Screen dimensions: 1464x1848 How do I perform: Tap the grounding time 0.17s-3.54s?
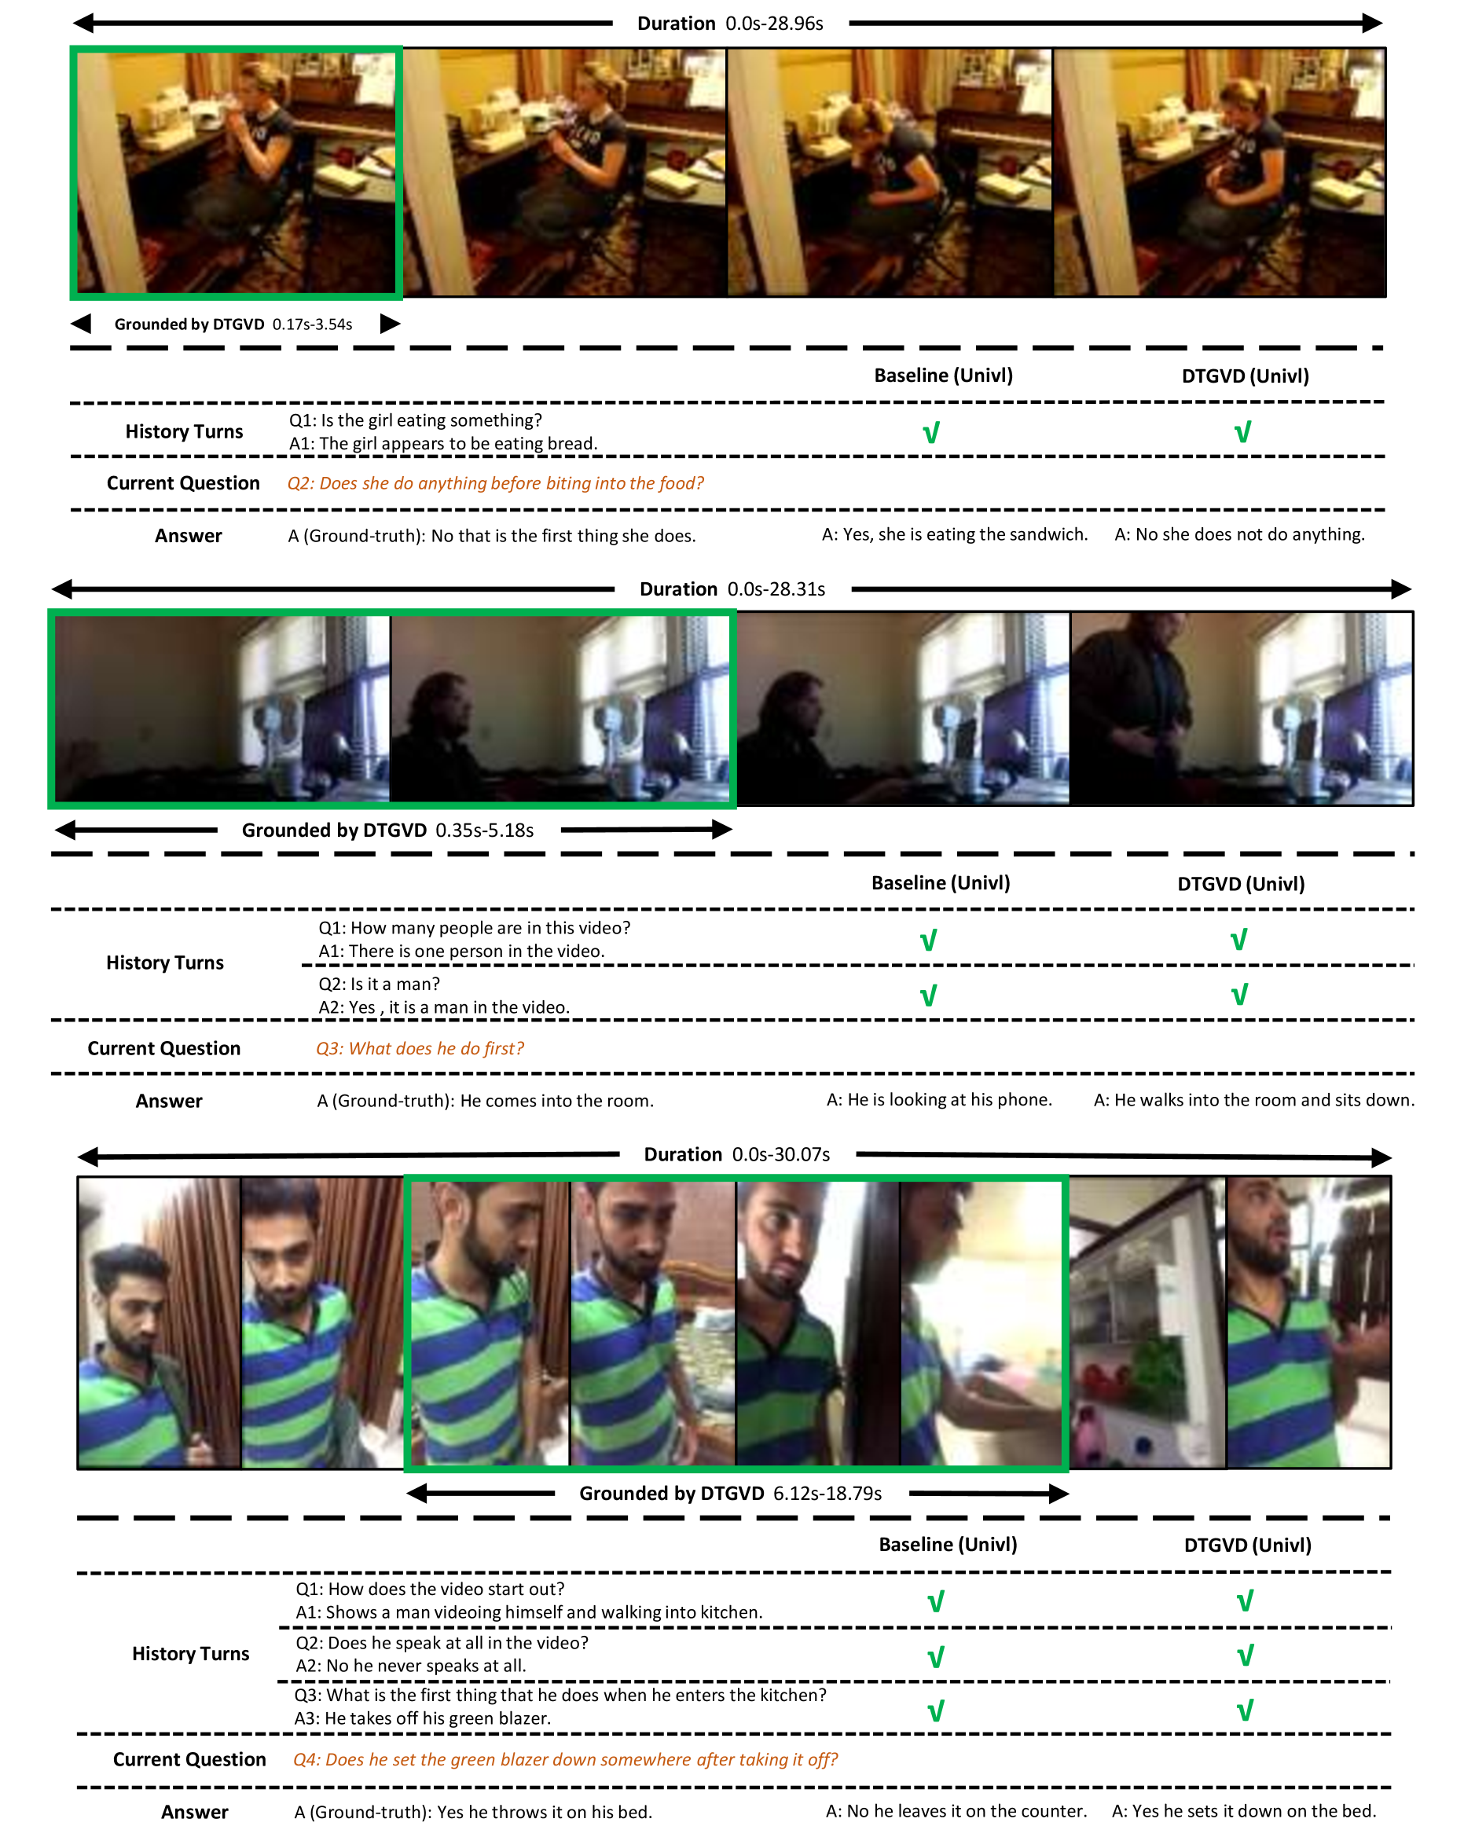tap(312, 324)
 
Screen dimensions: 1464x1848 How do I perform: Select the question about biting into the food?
tap(494, 483)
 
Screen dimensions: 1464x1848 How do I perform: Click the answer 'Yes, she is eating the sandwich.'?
tap(955, 535)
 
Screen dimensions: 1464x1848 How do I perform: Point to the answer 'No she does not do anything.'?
tap(1239, 535)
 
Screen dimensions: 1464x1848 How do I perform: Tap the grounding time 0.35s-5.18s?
tap(484, 830)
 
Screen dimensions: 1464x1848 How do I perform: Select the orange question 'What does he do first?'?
tap(419, 1048)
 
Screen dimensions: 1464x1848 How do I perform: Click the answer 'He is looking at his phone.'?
tap(938, 1100)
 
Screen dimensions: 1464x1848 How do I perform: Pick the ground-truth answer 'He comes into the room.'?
tap(485, 1101)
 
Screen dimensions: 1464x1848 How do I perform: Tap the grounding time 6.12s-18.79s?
tap(827, 1493)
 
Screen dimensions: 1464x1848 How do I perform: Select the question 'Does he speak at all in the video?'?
tap(442, 1642)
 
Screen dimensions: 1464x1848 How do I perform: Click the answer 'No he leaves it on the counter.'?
tap(956, 1811)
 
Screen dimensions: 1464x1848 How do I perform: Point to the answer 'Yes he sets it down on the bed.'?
tap(1244, 1811)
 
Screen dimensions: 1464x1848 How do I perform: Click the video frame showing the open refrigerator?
tap(1147, 1322)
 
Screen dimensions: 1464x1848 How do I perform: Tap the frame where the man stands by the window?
tap(1241, 708)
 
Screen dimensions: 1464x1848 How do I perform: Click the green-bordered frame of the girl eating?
tap(237, 173)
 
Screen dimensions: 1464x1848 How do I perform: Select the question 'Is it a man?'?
tap(379, 984)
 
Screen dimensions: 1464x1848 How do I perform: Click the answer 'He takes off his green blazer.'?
tap(423, 1718)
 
